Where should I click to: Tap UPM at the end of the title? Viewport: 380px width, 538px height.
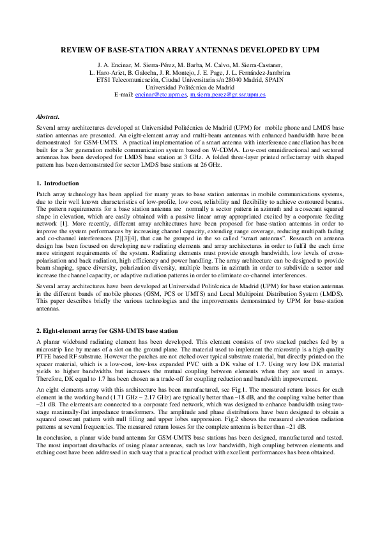(x=308, y=50)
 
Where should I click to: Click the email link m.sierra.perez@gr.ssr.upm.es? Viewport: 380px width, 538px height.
(x=228, y=94)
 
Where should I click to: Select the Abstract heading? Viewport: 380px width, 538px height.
(x=48, y=117)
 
